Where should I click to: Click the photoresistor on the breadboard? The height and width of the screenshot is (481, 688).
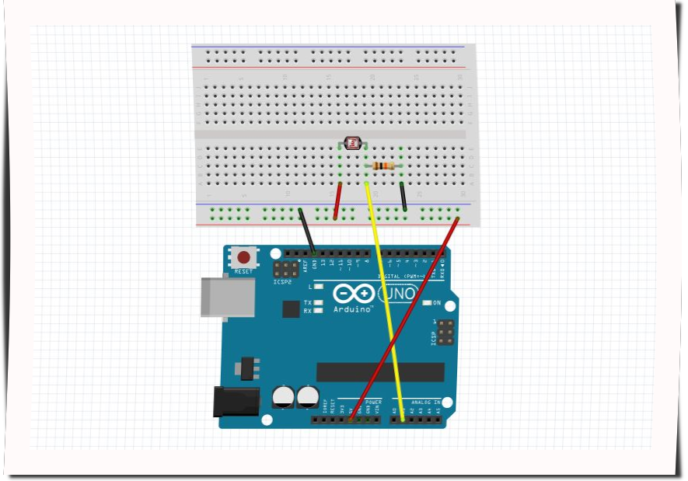pyautogui.click(x=353, y=143)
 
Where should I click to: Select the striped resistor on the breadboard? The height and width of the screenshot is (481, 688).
pyautogui.click(x=384, y=166)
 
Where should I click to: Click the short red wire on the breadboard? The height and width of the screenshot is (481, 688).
pyautogui.click(x=337, y=201)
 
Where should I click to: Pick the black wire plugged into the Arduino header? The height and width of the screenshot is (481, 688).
pyautogui.click(x=307, y=231)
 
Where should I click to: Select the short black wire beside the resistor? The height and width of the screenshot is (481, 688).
pyautogui.click(x=403, y=197)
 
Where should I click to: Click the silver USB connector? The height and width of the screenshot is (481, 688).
pyautogui.click(x=227, y=298)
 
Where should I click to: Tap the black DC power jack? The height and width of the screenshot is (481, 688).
pyautogui.click(x=236, y=401)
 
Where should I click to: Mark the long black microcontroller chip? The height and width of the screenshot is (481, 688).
pyautogui.click(x=380, y=371)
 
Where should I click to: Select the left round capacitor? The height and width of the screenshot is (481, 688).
pyautogui.click(x=283, y=397)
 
